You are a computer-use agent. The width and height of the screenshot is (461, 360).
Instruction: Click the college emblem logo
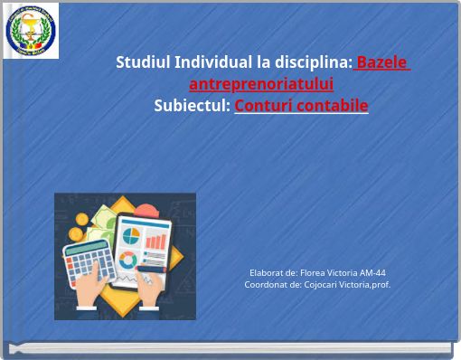tap(33, 31)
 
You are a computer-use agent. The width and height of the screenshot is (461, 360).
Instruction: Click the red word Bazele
tap(382, 62)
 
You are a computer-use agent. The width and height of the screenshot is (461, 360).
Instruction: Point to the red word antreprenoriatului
tap(261, 84)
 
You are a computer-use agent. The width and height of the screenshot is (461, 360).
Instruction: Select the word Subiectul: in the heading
tap(192, 106)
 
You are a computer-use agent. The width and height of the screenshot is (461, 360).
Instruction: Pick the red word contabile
tap(334, 106)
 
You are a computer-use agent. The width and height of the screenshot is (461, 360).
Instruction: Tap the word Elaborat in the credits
tap(266, 272)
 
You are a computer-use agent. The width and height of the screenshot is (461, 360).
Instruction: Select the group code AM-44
tap(372, 272)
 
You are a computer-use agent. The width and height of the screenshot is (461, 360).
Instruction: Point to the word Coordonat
tap(266, 284)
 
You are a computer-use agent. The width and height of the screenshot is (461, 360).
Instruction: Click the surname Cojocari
tap(322, 284)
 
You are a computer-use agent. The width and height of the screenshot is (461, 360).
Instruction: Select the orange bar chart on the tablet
tap(156, 240)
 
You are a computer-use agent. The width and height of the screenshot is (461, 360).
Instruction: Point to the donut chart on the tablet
tap(128, 261)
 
